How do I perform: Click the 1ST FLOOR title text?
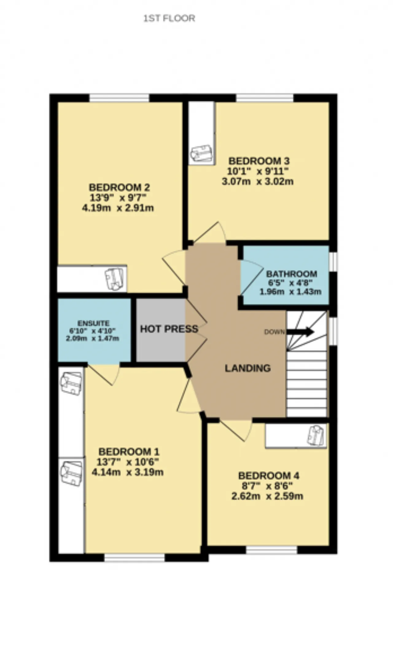(169, 18)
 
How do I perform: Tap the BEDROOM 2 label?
(119, 187)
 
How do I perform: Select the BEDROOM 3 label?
(259, 161)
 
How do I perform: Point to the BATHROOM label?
(291, 274)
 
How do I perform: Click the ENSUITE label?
(93, 323)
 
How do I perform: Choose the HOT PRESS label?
(169, 329)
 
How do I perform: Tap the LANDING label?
(248, 368)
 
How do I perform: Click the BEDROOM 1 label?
(129, 452)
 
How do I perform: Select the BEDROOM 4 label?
(269, 476)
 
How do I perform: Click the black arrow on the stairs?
(300, 332)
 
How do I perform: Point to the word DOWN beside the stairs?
(274, 332)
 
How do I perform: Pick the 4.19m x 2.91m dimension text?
(118, 208)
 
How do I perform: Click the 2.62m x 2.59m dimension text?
(267, 496)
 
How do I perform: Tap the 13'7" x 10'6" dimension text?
(127, 462)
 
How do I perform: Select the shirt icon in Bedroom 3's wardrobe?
(201, 154)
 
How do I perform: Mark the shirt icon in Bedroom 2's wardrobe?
(114, 279)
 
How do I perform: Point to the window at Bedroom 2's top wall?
(119, 98)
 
